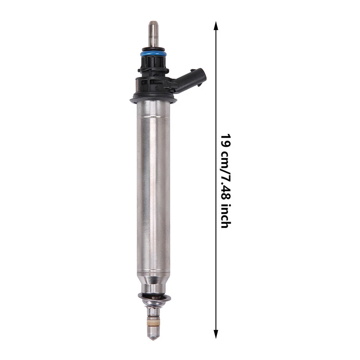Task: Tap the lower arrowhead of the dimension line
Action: (x=216, y=334)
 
